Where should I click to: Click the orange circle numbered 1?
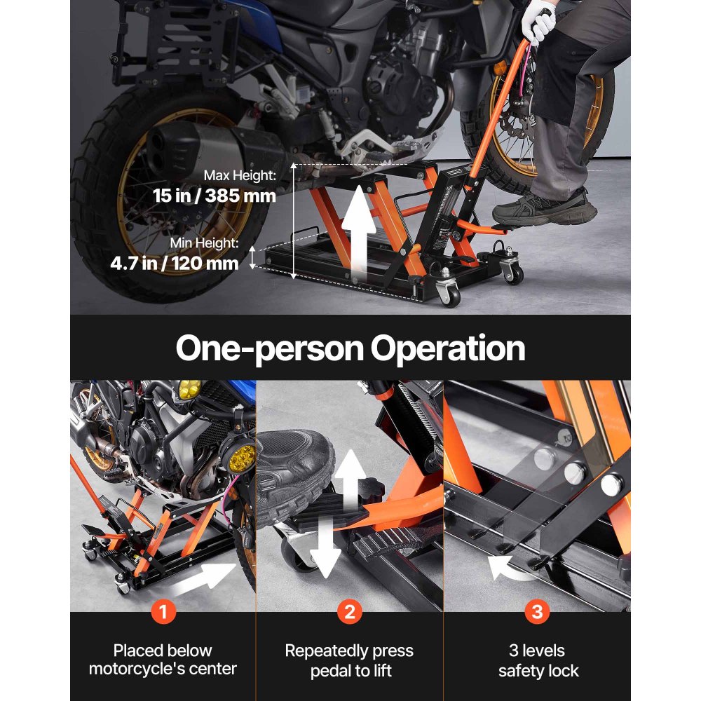click(163, 612)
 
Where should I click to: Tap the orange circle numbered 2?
click(349, 612)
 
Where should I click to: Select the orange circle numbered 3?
click(537, 612)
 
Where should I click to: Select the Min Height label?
click(204, 243)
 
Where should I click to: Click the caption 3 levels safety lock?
click(538, 660)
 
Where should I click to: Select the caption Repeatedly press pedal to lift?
click(349, 660)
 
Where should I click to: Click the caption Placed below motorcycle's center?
click(163, 660)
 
